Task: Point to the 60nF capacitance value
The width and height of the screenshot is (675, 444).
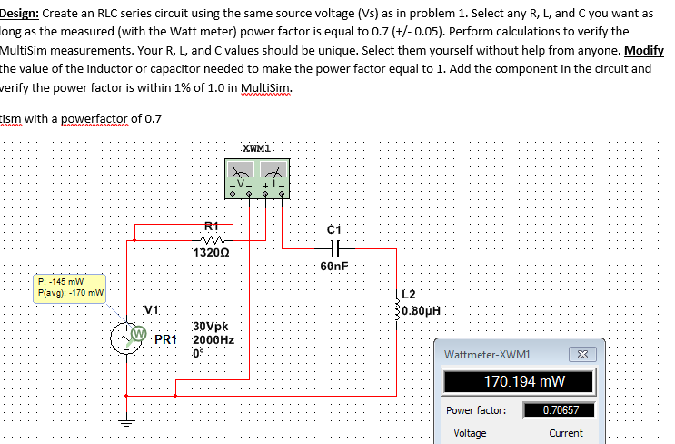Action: tap(333, 267)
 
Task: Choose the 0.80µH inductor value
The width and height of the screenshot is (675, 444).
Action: tap(422, 308)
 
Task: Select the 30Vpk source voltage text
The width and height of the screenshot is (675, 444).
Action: tap(213, 325)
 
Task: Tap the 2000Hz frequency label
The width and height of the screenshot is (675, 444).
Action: tap(214, 338)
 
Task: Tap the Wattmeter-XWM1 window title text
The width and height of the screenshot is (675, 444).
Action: tap(488, 354)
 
